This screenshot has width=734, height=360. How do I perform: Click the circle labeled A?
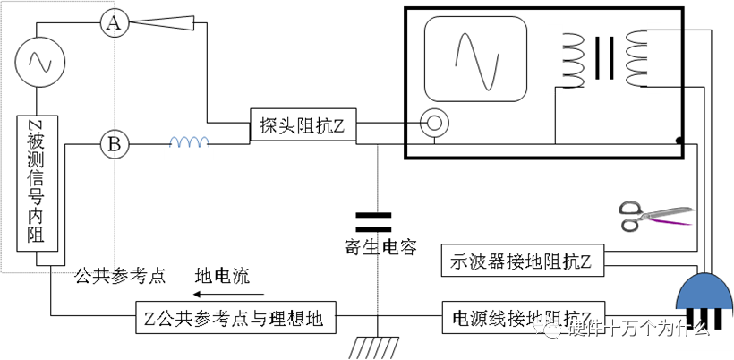113,23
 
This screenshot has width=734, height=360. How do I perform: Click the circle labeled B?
113,142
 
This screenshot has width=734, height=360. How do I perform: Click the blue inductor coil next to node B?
190,141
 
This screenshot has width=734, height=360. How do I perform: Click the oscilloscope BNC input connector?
435,120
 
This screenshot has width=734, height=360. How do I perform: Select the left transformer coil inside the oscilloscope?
571,61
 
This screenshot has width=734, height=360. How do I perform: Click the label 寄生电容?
380,248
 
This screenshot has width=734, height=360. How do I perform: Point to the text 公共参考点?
121,275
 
